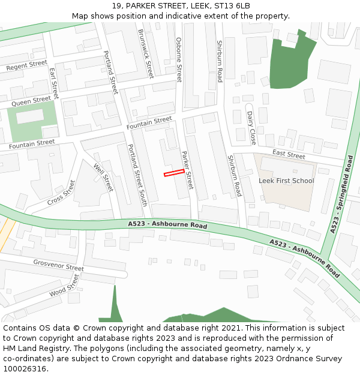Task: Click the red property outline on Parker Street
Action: [x=174, y=173]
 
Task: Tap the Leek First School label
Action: [x=286, y=181]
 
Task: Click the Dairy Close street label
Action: [x=252, y=128]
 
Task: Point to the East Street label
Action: [x=289, y=155]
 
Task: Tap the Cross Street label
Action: [x=61, y=192]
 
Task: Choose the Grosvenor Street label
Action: [x=58, y=265]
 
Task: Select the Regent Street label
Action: [x=26, y=65]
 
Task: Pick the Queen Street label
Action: [x=31, y=101]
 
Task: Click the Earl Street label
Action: [x=54, y=83]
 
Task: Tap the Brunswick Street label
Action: [x=146, y=53]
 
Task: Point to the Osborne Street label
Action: [x=179, y=59]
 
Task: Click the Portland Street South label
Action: [x=137, y=175]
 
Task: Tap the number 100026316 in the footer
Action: [x=26, y=368]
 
